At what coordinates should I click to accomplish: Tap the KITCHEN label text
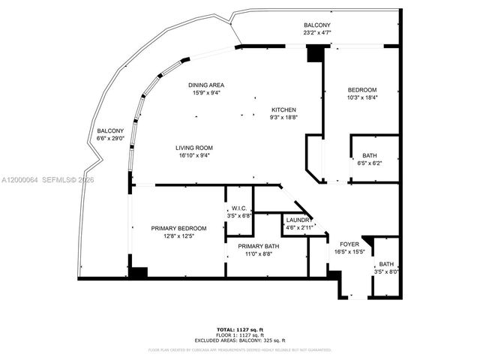[283, 109]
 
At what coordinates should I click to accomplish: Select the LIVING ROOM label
[194, 148]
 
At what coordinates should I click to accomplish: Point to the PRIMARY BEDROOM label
[178, 228]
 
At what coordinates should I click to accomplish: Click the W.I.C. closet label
[239, 208]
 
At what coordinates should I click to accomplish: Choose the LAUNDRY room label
[295, 220]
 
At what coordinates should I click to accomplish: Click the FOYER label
[349, 244]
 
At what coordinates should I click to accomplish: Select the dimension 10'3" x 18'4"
[362, 97]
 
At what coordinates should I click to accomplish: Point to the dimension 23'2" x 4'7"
[317, 33]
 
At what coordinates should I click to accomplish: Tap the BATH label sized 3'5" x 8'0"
[385, 264]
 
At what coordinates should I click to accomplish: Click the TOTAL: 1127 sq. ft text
[240, 328]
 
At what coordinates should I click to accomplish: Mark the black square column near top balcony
[316, 54]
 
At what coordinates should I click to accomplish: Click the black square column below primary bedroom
[138, 271]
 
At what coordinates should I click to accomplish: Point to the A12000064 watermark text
[20, 180]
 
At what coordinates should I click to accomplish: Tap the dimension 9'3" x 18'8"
[283, 117]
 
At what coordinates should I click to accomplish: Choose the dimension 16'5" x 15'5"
[349, 252]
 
